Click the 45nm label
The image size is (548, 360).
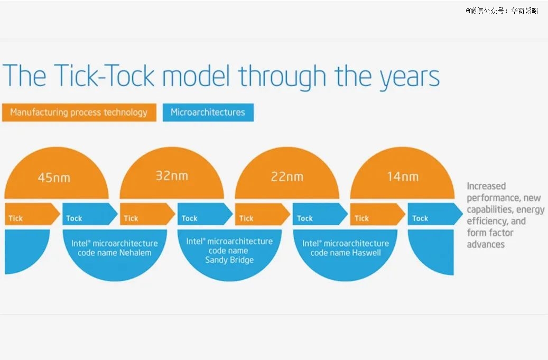(54, 178)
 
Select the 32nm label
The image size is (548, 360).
(172, 176)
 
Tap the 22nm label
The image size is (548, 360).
(287, 177)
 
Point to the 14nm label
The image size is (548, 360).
(403, 177)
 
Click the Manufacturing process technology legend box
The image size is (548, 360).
(79, 112)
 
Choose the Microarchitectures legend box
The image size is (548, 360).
(208, 112)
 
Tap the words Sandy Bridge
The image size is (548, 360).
(229, 260)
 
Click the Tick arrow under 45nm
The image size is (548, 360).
(32, 214)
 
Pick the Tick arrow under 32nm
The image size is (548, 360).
(147, 214)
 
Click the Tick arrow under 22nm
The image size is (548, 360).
(263, 214)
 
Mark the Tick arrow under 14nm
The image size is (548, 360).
(378, 214)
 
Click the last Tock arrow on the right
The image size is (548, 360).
(435, 214)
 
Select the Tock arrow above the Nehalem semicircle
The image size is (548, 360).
(90, 214)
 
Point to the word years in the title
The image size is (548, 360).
(410, 78)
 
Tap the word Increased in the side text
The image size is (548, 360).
(486, 186)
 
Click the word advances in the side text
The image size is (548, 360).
(486, 244)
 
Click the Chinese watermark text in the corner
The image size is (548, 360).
(502, 11)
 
